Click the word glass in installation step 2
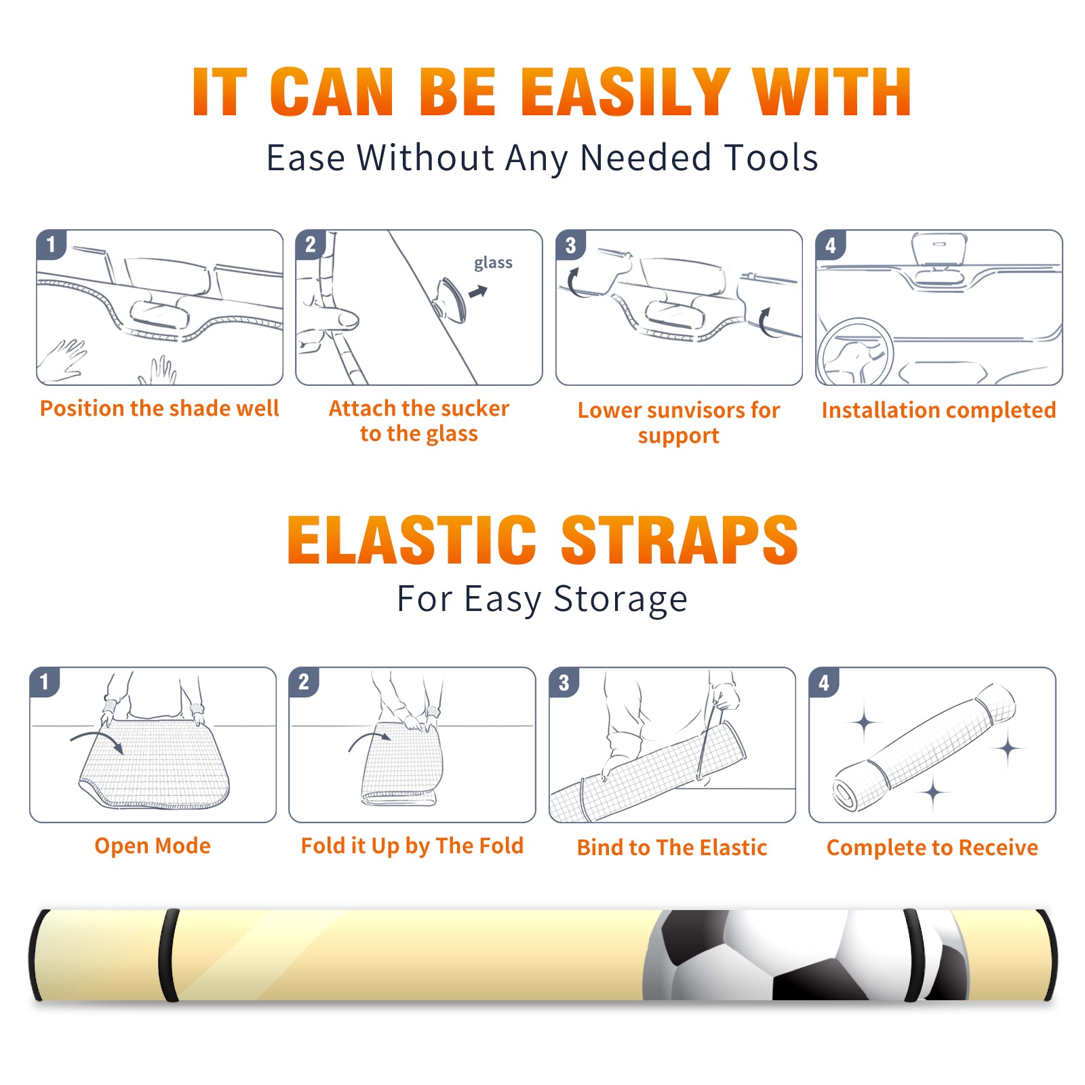pyautogui.click(x=493, y=263)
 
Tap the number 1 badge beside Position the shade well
pyautogui.click(x=52, y=244)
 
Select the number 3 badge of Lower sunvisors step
pyautogui.click(x=571, y=245)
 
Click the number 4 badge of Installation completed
pyautogui.click(x=831, y=245)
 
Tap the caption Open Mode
pyautogui.click(x=153, y=846)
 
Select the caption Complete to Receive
pyautogui.click(x=932, y=848)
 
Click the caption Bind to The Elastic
pyautogui.click(x=672, y=848)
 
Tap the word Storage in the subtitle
pyautogui.click(x=620, y=599)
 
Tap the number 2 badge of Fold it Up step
pyautogui.click(x=304, y=682)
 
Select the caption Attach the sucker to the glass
pyautogui.click(x=419, y=420)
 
